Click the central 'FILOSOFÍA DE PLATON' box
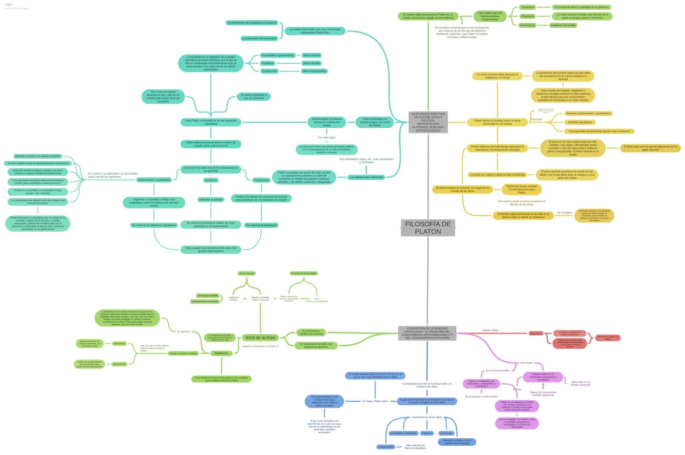click(428, 227)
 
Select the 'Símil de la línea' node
click(260, 337)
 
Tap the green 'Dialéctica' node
click(221, 353)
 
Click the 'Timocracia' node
click(527, 7)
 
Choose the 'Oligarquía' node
click(527, 16)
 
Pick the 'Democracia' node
click(527, 25)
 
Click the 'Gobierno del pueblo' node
click(563, 25)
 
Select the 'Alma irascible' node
click(311, 63)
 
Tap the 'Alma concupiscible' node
click(314, 71)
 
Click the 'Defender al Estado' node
click(211, 200)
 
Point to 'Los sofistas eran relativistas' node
click(367, 177)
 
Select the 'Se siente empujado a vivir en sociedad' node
click(254, 96)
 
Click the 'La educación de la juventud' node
click(259, 38)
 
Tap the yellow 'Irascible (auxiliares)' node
click(580, 122)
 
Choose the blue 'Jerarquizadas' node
click(386, 447)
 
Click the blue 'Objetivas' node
click(427, 433)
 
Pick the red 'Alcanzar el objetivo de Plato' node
click(607, 338)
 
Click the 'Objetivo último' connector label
click(490, 330)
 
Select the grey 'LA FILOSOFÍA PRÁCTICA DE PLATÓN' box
click(428, 122)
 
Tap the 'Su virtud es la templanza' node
click(261, 225)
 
